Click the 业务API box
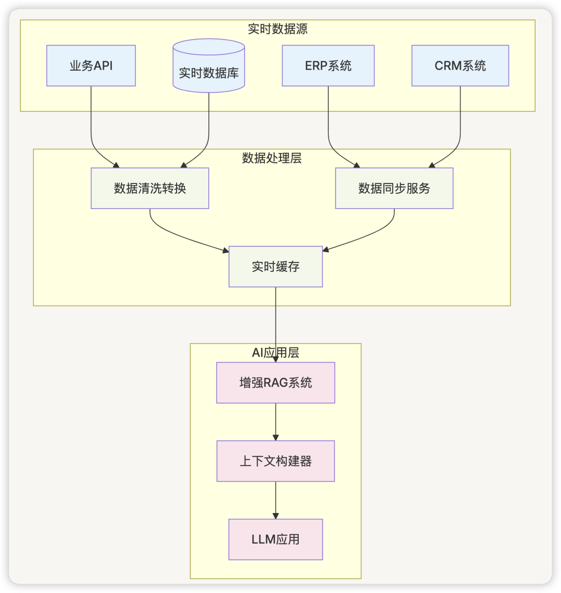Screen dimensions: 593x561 coord(91,65)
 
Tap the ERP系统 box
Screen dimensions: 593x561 coord(328,65)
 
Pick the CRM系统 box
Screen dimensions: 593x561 coord(460,65)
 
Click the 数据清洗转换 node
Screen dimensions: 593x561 coord(150,188)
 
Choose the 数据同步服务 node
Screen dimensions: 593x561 coord(394,188)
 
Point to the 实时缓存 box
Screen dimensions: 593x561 coord(275,267)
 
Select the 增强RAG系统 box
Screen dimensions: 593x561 coord(275,383)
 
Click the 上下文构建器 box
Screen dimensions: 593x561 coord(275,461)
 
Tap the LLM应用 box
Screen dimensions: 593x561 coord(275,539)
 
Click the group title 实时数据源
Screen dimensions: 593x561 coord(277,29)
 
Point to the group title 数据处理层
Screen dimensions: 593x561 coord(272,158)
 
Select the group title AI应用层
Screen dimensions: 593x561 coord(275,352)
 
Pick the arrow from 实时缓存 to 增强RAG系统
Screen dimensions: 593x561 coord(275,322)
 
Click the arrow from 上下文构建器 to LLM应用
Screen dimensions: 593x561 coord(275,500)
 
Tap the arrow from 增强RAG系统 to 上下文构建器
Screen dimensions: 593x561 coord(275,421)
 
